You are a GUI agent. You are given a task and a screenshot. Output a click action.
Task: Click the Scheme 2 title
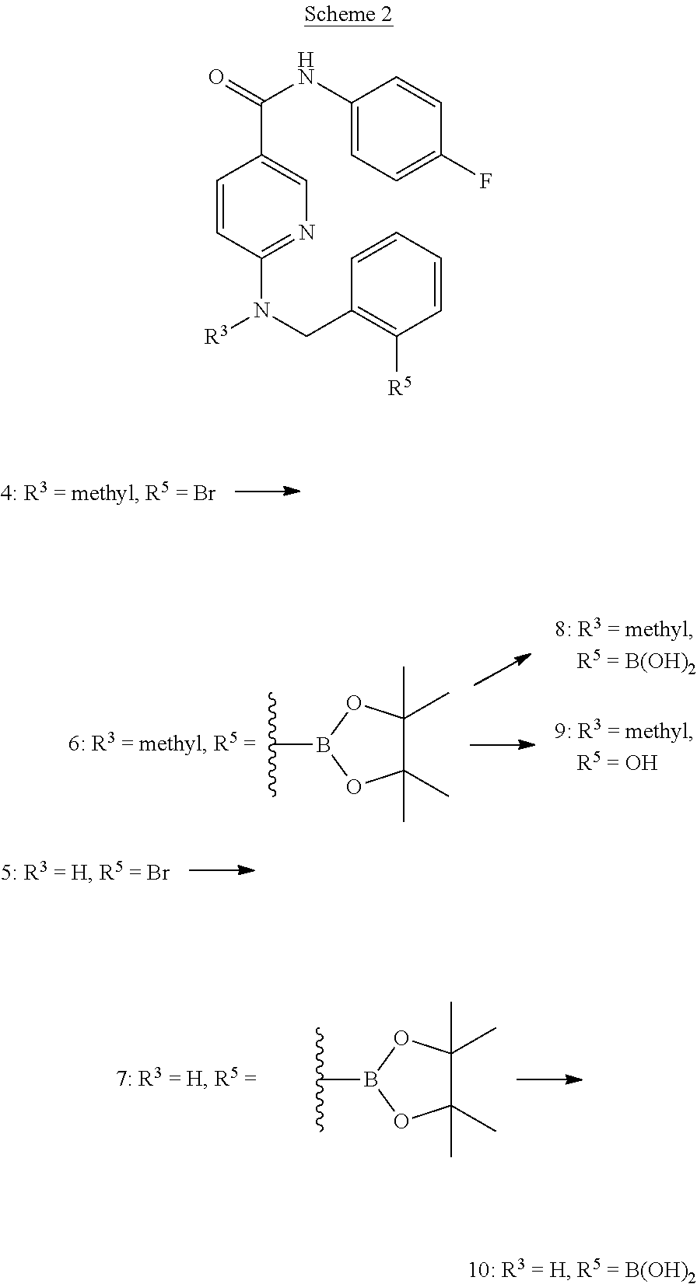tap(348, 14)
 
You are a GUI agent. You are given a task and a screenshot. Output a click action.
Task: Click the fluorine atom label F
tap(485, 182)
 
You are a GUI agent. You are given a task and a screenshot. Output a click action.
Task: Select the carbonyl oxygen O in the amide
tap(217, 77)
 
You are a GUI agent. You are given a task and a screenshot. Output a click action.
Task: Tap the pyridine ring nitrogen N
tap(306, 232)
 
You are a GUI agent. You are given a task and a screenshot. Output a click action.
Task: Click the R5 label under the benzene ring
tap(400, 387)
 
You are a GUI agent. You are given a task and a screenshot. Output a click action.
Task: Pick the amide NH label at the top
tap(306, 71)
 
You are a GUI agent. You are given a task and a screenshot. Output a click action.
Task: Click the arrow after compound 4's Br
tap(267, 491)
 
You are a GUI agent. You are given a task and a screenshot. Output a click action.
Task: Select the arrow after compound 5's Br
tap(222, 869)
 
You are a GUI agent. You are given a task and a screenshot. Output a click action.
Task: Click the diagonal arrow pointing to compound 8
tap(502, 670)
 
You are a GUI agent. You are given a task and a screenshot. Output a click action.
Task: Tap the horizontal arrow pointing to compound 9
tap(502, 744)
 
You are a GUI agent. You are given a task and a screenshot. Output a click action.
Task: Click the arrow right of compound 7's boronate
tap(548, 1079)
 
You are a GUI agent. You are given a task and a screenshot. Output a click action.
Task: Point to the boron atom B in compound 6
tap(323, 746)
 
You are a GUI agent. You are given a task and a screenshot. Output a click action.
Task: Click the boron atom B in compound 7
tap(370, 1080)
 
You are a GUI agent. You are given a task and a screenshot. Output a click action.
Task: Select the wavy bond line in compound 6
tap(273, 745)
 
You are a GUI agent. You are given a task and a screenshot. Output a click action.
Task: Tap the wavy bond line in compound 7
tap(320, 1079)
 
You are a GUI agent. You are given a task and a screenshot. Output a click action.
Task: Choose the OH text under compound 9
tap(641, 763)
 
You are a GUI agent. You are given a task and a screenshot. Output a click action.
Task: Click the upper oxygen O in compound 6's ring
tap(354, 704)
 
